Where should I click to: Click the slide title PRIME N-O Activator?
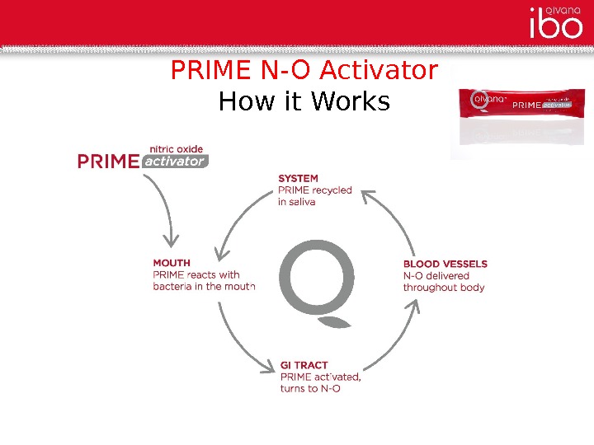[x=304, y=71]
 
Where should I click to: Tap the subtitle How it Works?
[x=304, y=102]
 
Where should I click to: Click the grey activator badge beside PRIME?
[x=174, y=162]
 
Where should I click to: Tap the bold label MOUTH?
[x=172, y=264]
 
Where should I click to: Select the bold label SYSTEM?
[x=298, y=178]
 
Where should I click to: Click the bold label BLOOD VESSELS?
[x=445, y=264]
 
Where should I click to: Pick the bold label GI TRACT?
[x=304, y=365]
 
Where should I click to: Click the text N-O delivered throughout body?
[x=443, y=282]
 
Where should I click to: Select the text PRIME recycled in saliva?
[x=314, y=195]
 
